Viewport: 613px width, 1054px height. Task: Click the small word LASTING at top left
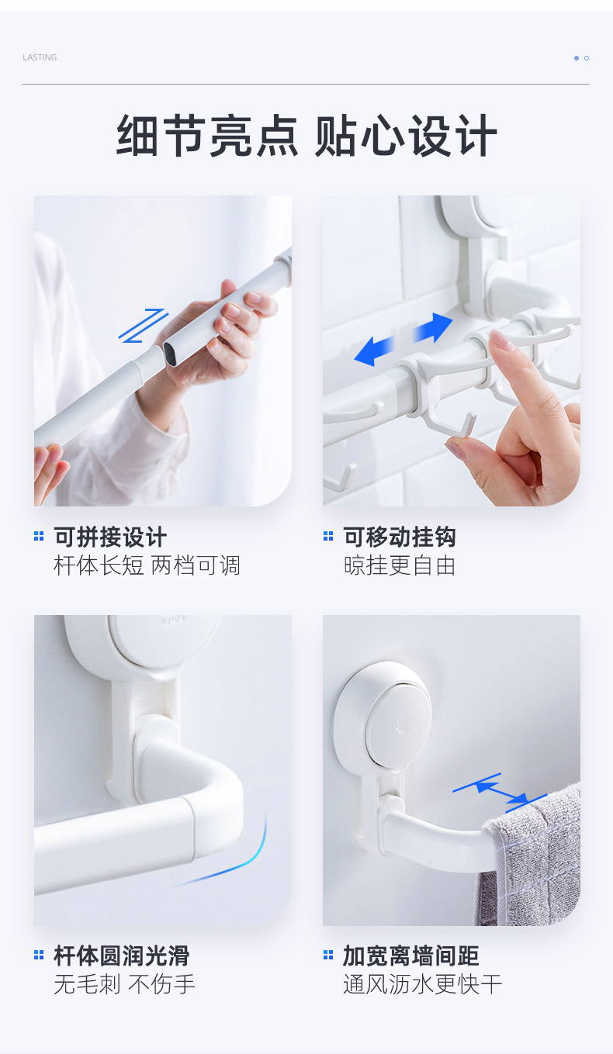40,57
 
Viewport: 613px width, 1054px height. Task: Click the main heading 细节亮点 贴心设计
306,137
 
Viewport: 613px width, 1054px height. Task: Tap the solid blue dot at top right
577,58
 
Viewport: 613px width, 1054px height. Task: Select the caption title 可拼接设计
110,537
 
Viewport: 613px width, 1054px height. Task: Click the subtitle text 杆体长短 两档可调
147,565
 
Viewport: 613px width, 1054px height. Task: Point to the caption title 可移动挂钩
400,537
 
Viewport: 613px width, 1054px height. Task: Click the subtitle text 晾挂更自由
400,565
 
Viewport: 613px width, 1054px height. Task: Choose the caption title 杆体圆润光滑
121,956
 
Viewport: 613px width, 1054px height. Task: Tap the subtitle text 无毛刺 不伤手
124,984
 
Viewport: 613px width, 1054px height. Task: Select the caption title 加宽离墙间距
411,956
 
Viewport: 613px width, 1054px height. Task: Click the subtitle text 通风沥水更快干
423,984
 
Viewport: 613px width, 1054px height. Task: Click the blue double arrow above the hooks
403,339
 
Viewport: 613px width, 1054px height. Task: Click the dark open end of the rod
172,355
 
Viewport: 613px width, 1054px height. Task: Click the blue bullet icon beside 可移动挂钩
328,536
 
